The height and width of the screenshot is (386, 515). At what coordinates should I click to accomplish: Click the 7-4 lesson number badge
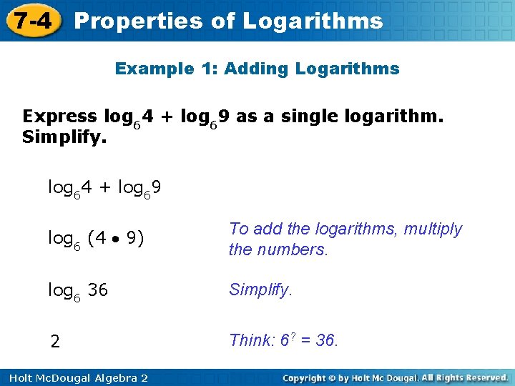point(33,20)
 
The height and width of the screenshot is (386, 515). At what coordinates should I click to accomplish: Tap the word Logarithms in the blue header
point(313,21)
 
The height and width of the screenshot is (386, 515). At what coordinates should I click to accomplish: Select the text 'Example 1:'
point(166,69)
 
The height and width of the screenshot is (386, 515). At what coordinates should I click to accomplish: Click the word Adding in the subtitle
point(250,69)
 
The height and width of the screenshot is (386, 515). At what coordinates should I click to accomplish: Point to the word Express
point(59,116)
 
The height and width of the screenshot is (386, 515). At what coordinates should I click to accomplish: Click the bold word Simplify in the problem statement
point(62,136)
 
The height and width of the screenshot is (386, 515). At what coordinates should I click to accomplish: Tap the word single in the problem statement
point(296,116)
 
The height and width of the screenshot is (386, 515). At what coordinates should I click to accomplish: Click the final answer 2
point(55,342)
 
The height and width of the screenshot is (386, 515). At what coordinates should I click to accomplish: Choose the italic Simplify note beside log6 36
point(260,289)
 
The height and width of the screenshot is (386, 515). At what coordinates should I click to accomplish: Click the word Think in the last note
point(247,340)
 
